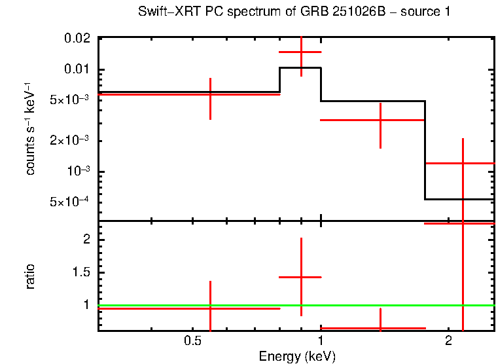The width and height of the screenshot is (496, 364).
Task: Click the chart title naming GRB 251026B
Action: click(x=294, y=12)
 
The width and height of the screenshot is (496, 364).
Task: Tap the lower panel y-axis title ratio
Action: click(x=31, y=276)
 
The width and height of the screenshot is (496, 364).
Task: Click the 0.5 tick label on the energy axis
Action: click(x=192, y=340)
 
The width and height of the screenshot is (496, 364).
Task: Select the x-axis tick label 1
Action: click(x=321, y=340)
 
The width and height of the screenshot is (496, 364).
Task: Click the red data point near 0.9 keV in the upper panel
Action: click(x=301, y=52)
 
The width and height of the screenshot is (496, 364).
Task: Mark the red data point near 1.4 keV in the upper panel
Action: click(x=380, y=120)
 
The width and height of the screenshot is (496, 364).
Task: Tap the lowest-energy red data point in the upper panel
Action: click(x=210, y=94)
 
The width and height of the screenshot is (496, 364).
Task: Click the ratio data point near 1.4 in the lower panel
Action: click(x=380, y=328)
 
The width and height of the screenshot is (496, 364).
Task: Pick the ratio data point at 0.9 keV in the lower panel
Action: click(x=301, y=278)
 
